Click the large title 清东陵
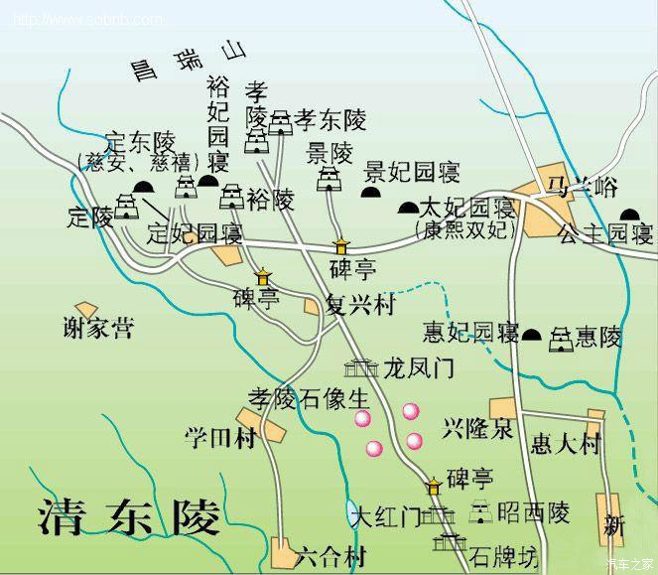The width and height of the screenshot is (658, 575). point(129,515)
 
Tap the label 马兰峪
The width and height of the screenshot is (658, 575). point(568,185)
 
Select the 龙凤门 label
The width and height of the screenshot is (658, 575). point(418,368)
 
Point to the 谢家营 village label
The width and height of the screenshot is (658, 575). point(96,329)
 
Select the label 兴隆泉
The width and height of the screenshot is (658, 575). point(477,429)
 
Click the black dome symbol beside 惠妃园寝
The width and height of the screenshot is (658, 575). point(532,336)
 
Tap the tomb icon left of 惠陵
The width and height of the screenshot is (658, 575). point(561,337)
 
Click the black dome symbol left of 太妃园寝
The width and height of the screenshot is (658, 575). point(407,209)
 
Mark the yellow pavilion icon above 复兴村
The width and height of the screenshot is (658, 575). point(341,245)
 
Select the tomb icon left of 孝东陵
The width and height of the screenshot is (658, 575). point(282,121)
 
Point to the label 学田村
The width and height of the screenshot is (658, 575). point(220,437)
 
